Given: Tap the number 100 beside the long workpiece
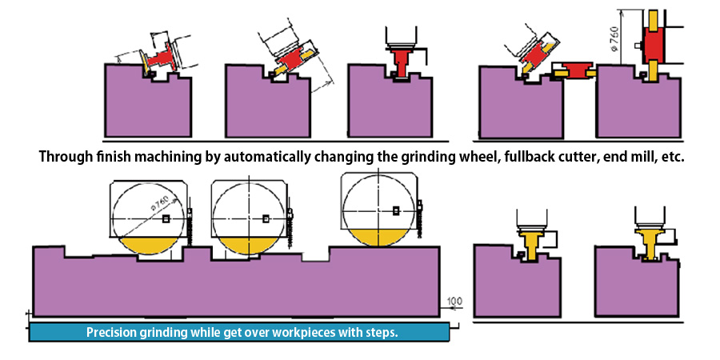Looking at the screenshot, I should [454, 301].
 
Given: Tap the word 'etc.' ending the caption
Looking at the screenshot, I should [670, 157].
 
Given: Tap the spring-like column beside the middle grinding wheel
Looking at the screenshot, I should [289, 229].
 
